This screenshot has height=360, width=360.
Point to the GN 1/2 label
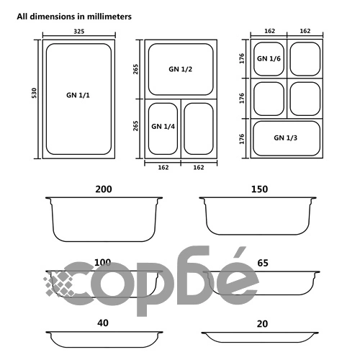click(180, 69)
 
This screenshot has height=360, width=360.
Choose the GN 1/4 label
click(163, 126)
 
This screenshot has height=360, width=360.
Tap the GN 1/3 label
click(286, 137)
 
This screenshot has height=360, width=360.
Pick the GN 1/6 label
click(269, 58)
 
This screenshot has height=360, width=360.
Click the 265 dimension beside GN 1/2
click(135, 69)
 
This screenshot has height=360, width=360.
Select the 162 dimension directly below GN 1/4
click(163, 167)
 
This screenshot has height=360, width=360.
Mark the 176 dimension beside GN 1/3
click(242, 137)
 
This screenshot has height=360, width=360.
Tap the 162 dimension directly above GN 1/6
click(268, 31)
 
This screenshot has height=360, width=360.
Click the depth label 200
click(104, 189)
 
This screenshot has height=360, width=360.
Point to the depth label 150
click(259, 189)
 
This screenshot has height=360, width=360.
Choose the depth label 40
click(104, 324)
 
